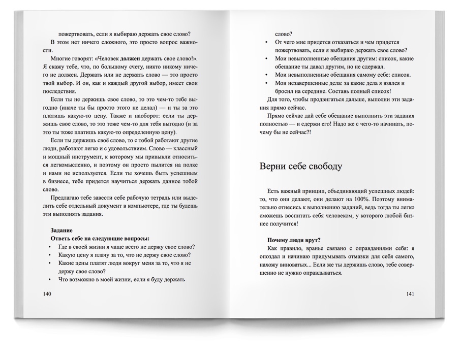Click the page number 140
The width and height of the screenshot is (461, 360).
pos(48,294)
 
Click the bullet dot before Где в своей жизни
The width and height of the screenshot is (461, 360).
pos(50,247)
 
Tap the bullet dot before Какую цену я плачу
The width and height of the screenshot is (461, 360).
pos(50,255)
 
